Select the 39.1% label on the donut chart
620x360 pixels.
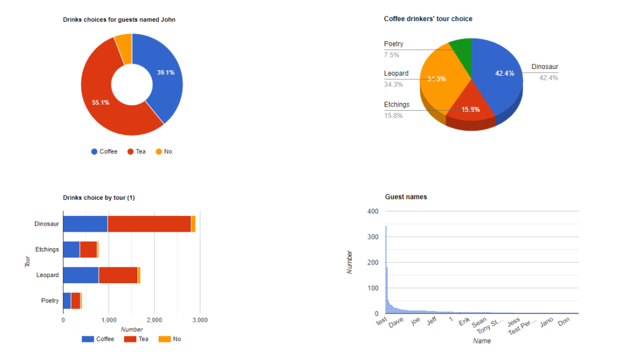[x=166, y=73]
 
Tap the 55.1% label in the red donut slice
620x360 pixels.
[x=101, y=102]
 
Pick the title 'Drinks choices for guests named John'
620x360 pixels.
[x=119, y=20]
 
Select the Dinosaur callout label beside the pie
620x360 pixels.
[x=545, y=67]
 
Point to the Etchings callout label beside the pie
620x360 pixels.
[x=397, y=105]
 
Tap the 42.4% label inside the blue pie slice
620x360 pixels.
[x=504, y=73]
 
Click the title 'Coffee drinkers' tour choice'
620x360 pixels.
[x=428, y=19]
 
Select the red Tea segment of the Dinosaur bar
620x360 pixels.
[x=149, y=224]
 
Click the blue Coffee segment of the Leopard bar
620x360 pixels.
[x=81, y=275]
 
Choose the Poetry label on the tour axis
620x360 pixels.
[x=50, y=301]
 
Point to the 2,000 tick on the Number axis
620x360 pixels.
[x=154, y=320]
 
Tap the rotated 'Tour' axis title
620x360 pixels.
[x=27, y=263]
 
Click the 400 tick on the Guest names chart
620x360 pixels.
[x=373, y=211]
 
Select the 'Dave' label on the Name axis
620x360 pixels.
[x=396, y=324]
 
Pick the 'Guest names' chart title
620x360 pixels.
[x=406, y=197]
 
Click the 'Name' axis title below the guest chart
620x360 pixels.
[x=482, y=341]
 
